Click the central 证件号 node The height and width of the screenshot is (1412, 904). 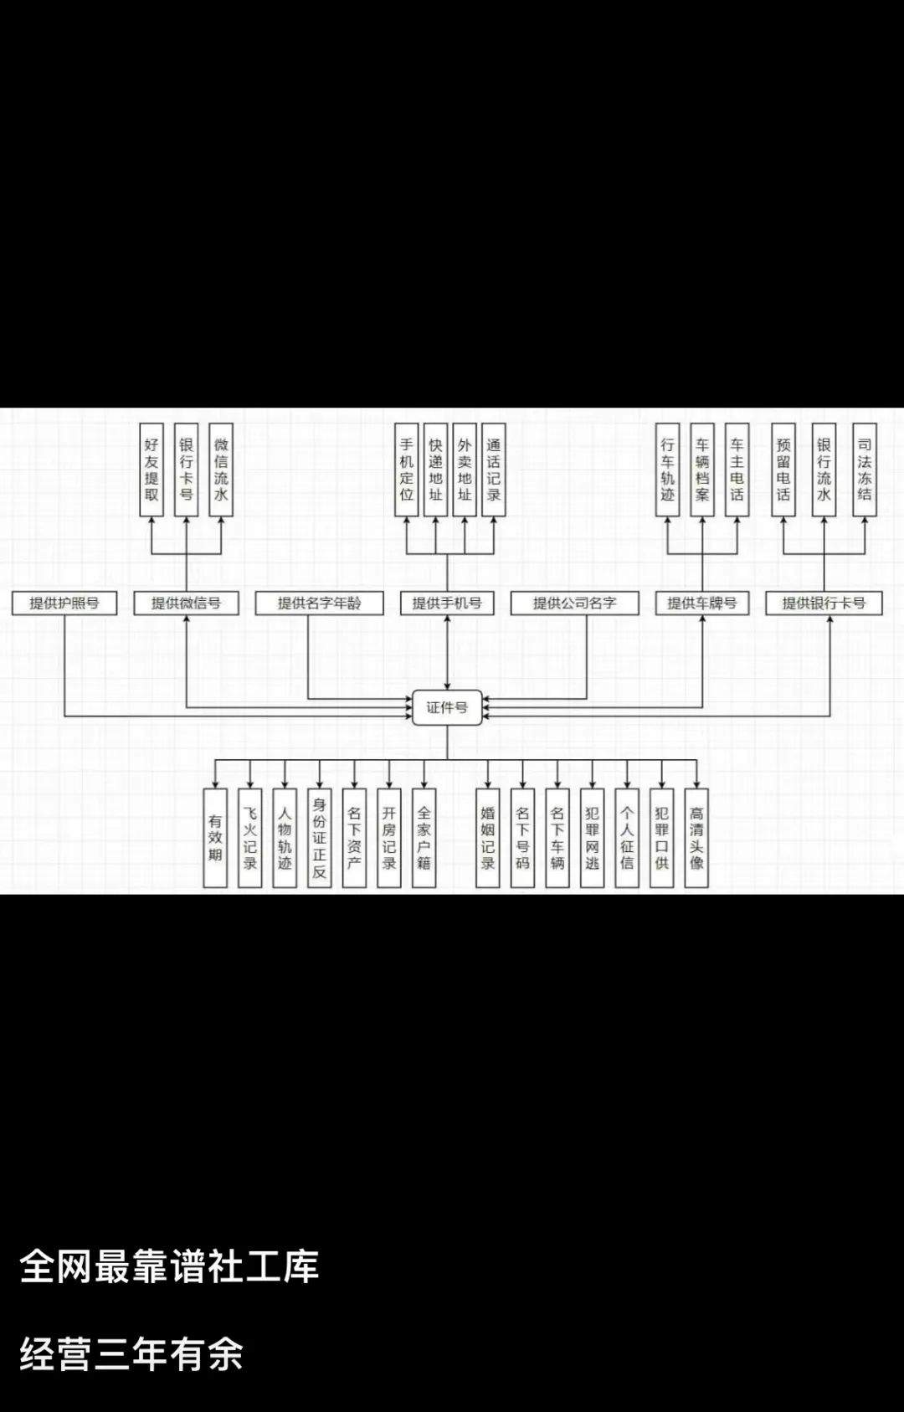pos(447,707)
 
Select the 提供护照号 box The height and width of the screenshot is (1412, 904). pos(64,603)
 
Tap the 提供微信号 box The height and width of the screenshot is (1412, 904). pos(186,603)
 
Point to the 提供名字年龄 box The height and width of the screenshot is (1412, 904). pos(320,603)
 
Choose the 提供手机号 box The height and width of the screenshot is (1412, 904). pos(447,603)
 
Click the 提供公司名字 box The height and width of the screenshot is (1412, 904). pos(574,603)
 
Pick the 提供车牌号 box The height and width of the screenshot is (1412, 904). pos(702,603)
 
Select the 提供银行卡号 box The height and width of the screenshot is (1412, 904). pos(824,603)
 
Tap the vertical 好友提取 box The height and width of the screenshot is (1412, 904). pos(152,470)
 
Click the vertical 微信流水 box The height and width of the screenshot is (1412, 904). pos(221,470)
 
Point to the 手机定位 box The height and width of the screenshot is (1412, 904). pos(407,470)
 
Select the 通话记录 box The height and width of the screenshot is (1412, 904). pos(494,470)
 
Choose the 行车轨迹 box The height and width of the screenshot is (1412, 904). pos(668,470)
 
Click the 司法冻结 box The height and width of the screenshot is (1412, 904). pos(865,470)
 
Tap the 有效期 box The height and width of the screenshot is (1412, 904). pos(215,838)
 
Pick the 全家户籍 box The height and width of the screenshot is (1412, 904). pos(424,838)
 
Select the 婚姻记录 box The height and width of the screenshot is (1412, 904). pos(487,838)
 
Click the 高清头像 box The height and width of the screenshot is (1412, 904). pos(696,838)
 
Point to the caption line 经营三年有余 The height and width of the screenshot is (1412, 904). pos(131,1354)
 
